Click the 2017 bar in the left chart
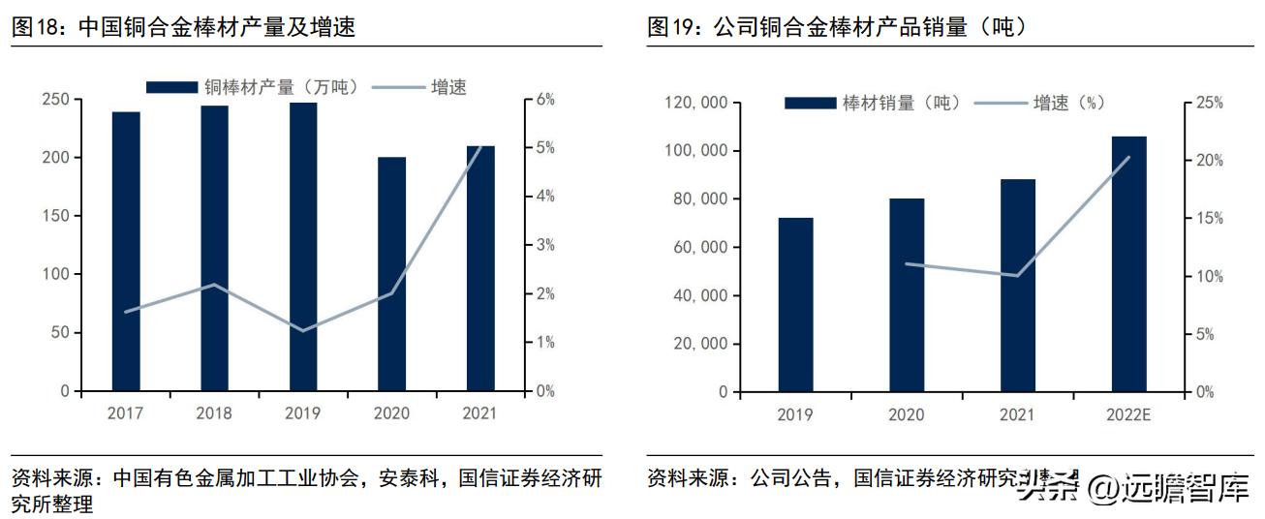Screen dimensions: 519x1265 126,252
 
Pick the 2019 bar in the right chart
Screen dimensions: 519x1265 795,305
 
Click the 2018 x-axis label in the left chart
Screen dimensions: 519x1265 214,413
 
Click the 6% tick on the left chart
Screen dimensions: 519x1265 545,100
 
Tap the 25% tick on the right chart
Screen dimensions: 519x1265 1209,103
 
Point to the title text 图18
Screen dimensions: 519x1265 39,28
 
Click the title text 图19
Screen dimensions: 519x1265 675,28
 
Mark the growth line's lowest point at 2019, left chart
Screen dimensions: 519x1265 303,331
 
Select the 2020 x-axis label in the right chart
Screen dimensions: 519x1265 906,414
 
